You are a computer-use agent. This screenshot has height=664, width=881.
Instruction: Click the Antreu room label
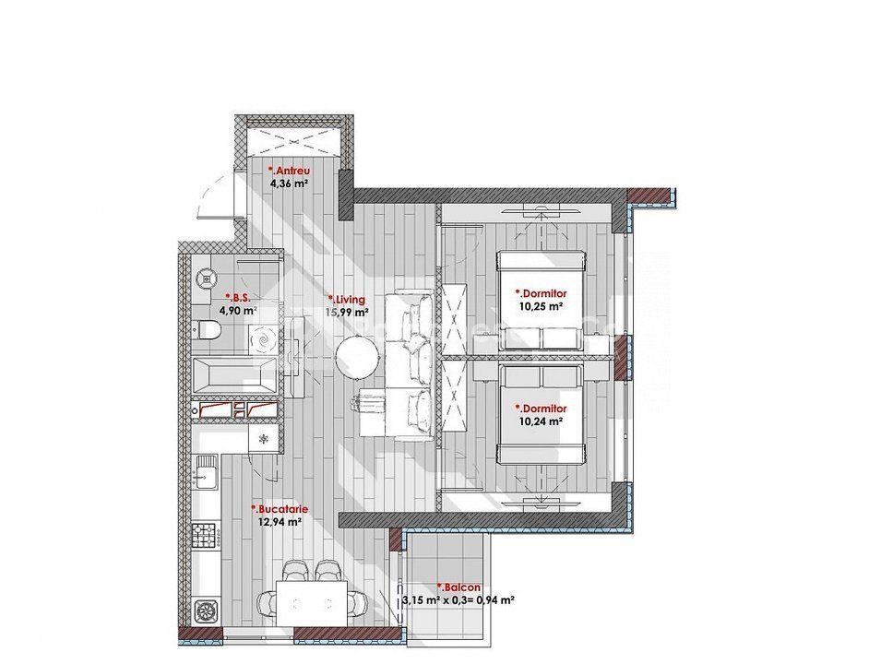click(289, 171)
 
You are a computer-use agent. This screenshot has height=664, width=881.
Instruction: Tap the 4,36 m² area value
click(289, 183)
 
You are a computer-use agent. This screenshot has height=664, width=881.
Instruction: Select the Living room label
click(346, 300)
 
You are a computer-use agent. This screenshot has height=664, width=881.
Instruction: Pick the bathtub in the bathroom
click(235, 375)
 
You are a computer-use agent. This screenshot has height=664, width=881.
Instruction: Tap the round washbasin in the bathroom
click(207, 277)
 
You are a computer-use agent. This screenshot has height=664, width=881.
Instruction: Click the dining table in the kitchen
click(312, 604)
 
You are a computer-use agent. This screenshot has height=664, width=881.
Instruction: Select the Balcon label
click(458, 587)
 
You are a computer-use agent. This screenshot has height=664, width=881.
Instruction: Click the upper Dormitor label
click(542, 293)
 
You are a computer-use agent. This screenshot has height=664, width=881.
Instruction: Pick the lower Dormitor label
click(542, 409)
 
